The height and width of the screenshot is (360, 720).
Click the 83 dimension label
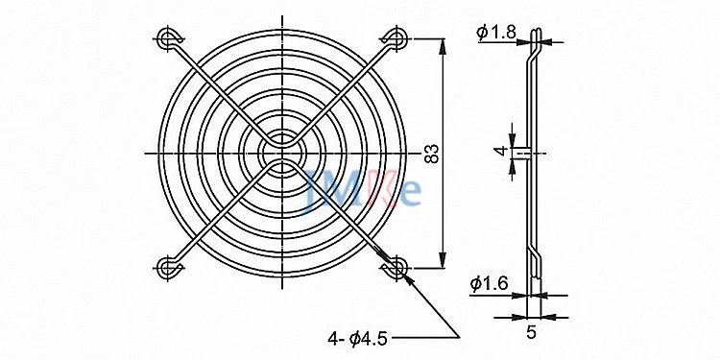(x=432, y=154)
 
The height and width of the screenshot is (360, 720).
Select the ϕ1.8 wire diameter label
(x=496, y=32)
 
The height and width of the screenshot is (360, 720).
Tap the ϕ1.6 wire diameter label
(x=489, y=285)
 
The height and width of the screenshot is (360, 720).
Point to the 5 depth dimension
(x=531, y=332)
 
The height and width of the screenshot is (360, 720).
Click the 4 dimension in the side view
(x=502, y=150)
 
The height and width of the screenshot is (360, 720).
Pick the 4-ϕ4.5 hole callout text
(x=358, y=339)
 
